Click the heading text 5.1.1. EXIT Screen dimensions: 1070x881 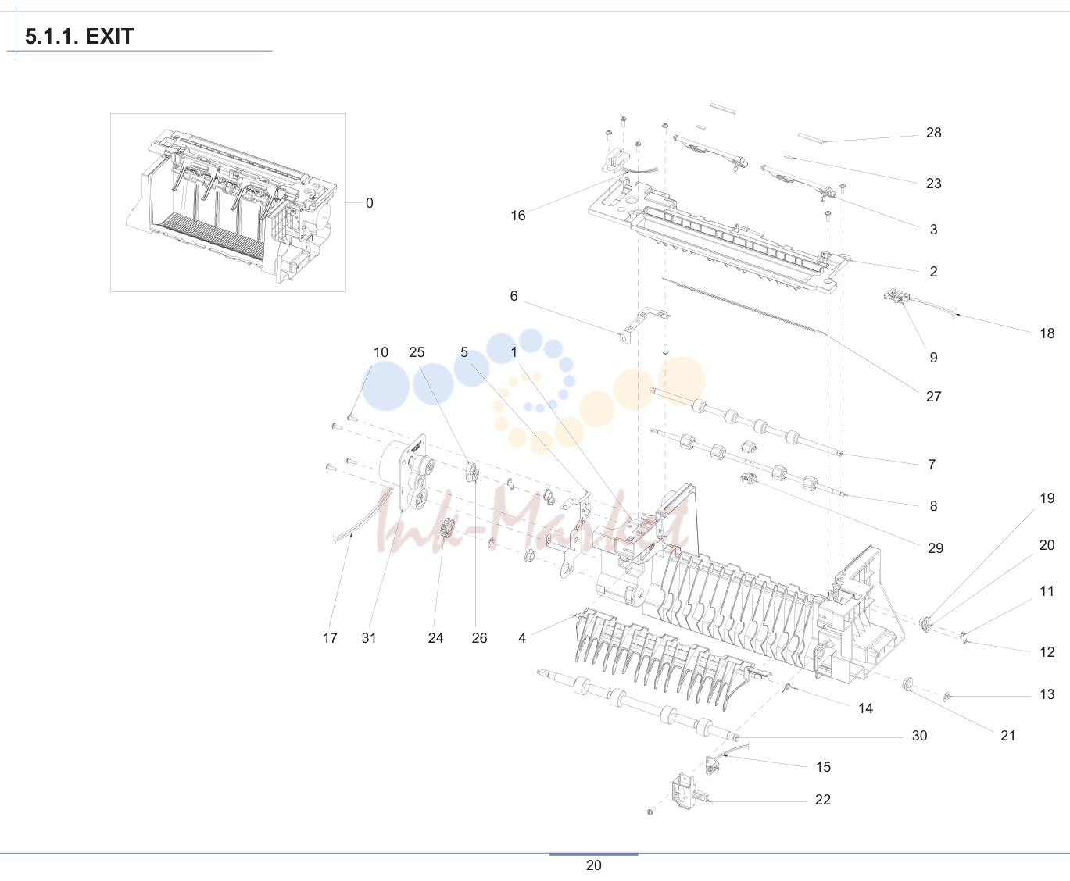click(x=80, y=37)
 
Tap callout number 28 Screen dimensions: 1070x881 click(x=933, y=133)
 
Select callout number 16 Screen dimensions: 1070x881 click(x=517, y=216)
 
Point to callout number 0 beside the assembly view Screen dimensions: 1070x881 click(x=369, y=203)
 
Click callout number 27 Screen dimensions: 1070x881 click(x=933, y=397)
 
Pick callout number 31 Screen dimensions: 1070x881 click(x=368, y=637)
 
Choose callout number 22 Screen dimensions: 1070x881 click(x=822, y=799)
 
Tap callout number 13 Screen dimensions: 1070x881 click(x=1047, y=694)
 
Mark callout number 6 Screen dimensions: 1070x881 click(x=514, y=296)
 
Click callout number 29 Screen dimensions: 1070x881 click(x=936, y=548)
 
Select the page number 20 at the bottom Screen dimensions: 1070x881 click(x=593, y=865)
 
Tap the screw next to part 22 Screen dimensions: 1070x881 click(x=651, y=811)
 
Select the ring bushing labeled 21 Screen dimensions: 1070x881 click(x=907, y=683)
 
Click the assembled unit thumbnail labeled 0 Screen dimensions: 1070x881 click(x=228, y=203)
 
